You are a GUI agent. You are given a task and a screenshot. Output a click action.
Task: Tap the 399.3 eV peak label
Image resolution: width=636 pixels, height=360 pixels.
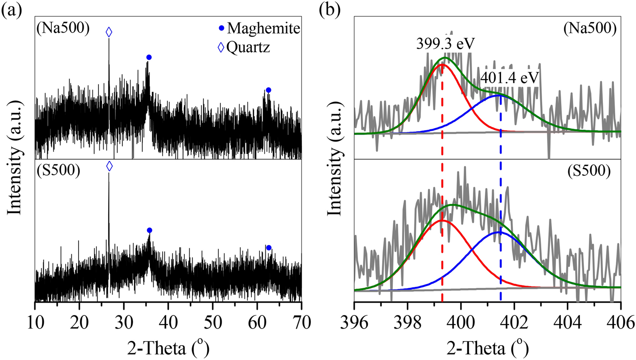(445, 44)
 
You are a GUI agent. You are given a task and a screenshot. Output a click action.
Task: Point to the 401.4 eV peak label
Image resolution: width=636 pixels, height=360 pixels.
(509, 78)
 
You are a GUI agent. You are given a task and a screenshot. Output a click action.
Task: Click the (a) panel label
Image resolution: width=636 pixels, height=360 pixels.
(11, 9)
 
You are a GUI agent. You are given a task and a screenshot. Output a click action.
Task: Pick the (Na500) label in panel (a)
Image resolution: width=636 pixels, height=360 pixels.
(62, 28)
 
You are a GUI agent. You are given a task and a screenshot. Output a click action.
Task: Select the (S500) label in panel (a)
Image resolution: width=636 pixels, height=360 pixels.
(58, 170)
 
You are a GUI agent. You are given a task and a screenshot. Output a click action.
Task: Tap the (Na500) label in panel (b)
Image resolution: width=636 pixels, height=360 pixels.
(590, 28)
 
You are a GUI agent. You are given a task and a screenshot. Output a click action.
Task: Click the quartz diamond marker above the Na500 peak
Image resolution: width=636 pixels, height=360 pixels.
(109, 32)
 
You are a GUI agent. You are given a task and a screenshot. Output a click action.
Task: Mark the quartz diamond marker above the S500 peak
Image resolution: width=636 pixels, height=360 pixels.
(109, 166)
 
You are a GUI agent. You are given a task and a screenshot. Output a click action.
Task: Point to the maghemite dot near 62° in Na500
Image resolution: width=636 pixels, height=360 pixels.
(268, 90)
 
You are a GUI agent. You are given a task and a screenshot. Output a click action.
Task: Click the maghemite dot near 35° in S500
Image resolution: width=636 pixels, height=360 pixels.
(149, 230)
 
